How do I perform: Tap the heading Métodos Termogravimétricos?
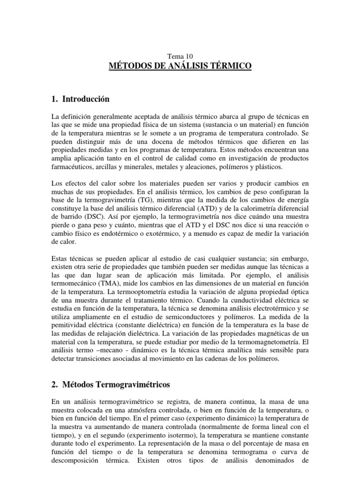pos(115,384)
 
